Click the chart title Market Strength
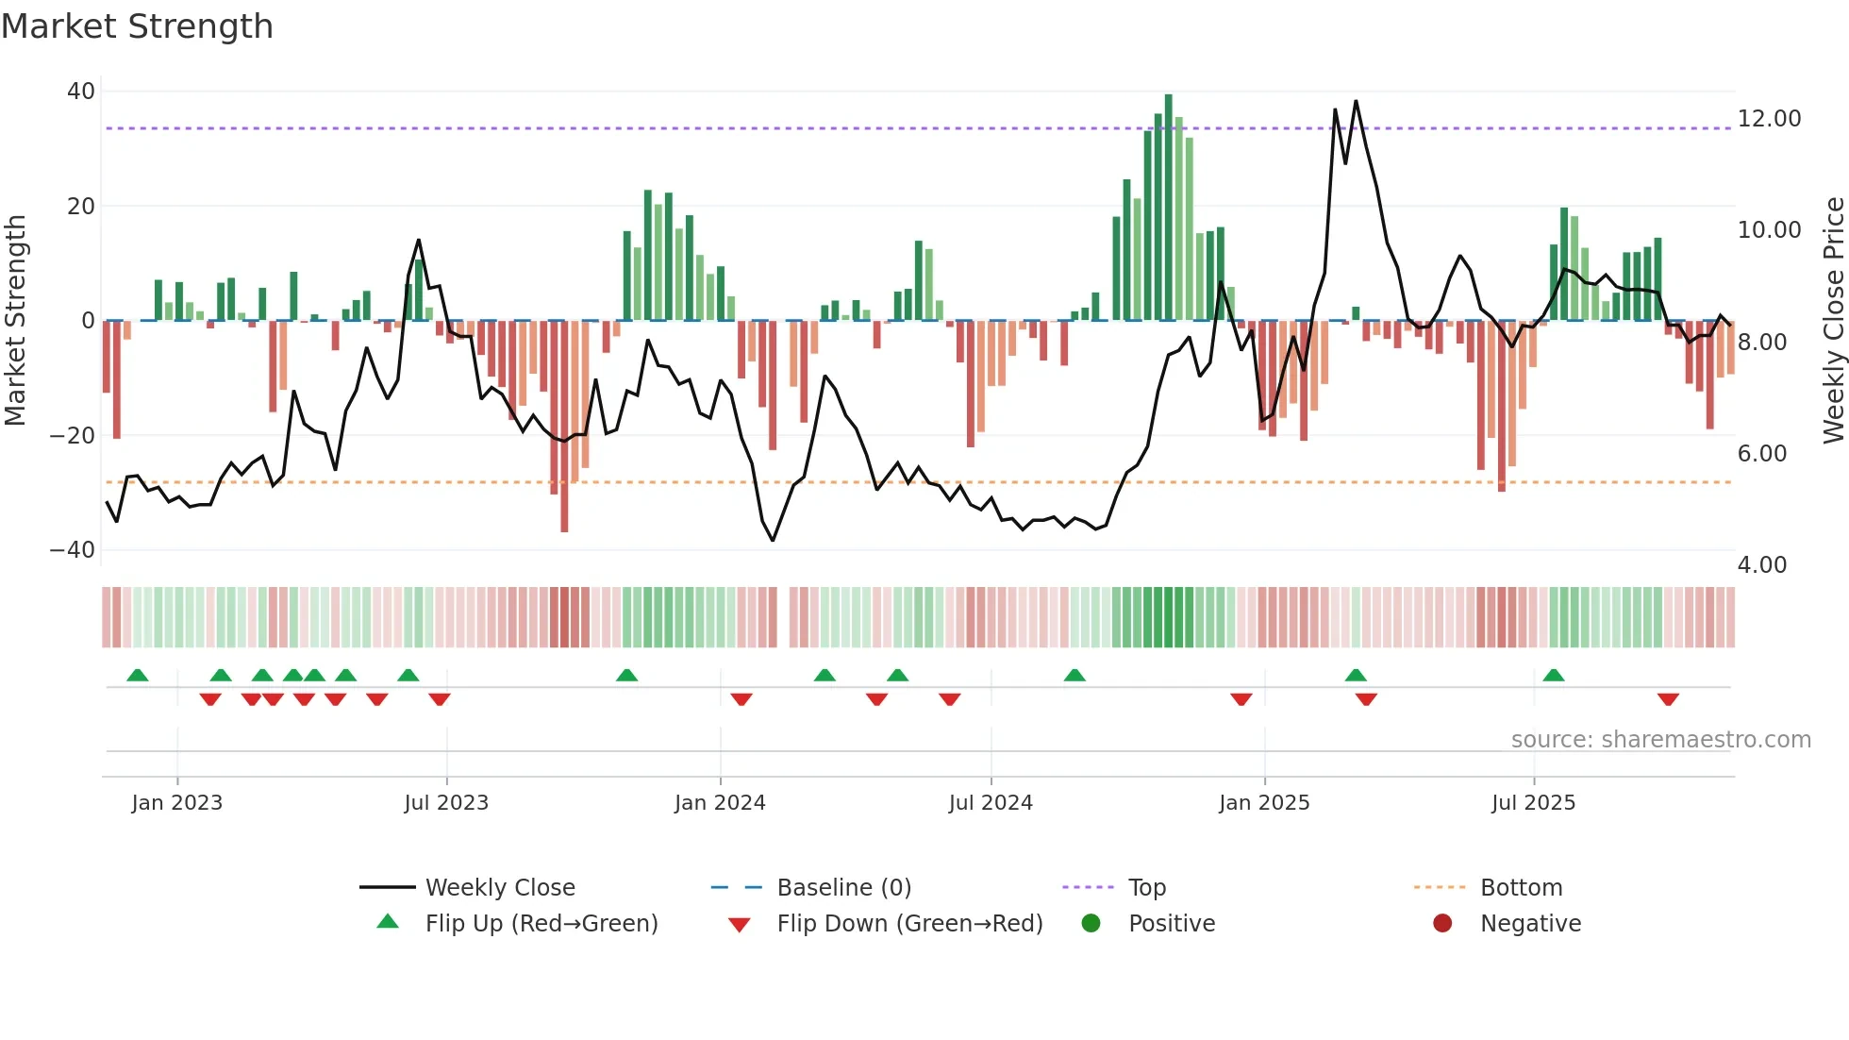click(137, 26)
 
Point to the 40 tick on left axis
click(81, 92)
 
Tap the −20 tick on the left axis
click(73, 436)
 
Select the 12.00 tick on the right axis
click(1769, 119)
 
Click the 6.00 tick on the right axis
click(1761, 454)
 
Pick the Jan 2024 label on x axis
click(720, 803)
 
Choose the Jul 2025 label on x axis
click(1533, 803)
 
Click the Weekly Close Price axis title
click(1833, 321)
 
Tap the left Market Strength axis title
click(15, 321)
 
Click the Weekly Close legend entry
click(499, 888)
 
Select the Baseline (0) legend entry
click(843, 888)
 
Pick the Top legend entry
click(1146, 888)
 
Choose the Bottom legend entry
click(1521, 888)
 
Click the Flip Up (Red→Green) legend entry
click(541, 924)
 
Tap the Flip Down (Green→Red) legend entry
click(909, 924)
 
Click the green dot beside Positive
click(1091, 924)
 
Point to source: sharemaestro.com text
click(1660, 740)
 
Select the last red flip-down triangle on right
click(1668, 699)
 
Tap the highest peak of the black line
click(1356, 102)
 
